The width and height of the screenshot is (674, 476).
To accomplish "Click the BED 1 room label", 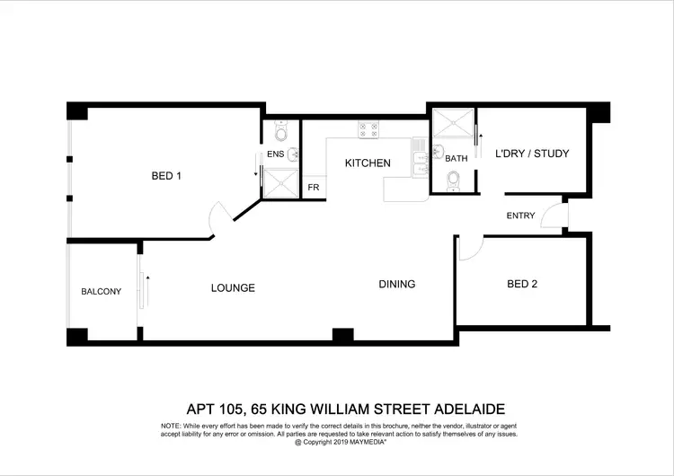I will [166, 176].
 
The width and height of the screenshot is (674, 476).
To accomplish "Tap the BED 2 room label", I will [522, 285].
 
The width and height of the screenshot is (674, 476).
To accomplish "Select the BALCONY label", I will [101, 291].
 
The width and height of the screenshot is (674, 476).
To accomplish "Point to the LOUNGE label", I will [233, 288].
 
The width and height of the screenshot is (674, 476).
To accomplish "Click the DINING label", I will [396, 285].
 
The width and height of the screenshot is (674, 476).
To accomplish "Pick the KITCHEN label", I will [368, 163].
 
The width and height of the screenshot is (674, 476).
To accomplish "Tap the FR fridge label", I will [314, 188].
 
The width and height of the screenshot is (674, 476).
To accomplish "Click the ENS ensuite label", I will [275, 154].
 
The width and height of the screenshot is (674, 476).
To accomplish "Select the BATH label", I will [457, 158].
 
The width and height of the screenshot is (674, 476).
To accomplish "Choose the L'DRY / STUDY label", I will [532, 154].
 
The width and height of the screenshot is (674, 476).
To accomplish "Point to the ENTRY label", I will [520, 216].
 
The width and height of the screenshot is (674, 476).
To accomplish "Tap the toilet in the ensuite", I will [281, 135].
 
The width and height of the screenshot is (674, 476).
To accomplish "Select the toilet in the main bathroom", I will [453, 183].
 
